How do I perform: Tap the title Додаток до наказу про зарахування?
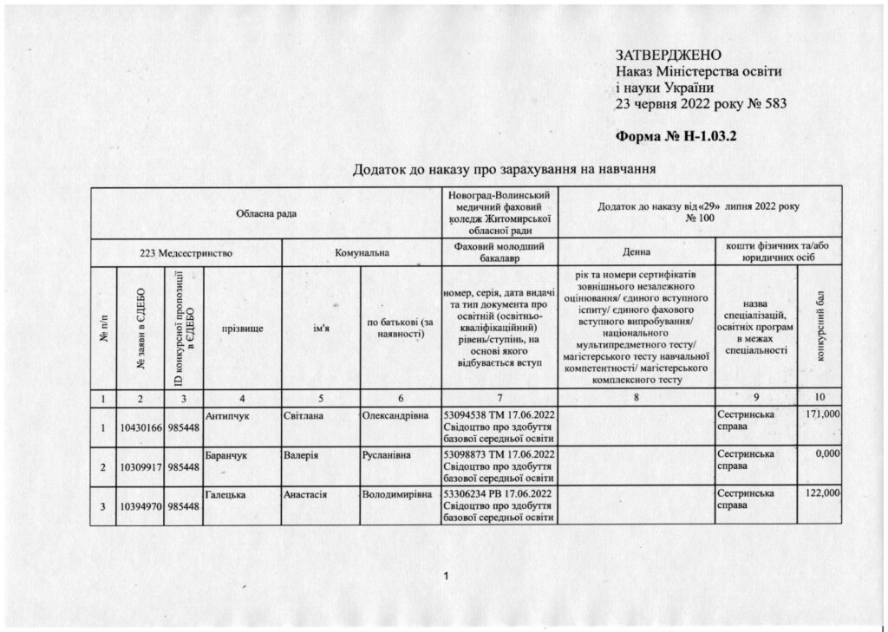[x=502, y=167]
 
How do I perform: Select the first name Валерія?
[x=303, y=453]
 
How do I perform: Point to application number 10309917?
[x=139, y=467]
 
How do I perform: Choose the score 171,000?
[x=823, y=416]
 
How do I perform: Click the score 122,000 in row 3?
[x=823, y=492]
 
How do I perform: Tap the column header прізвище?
[x=242, y=329]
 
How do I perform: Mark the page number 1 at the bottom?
[x=444, y=577]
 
